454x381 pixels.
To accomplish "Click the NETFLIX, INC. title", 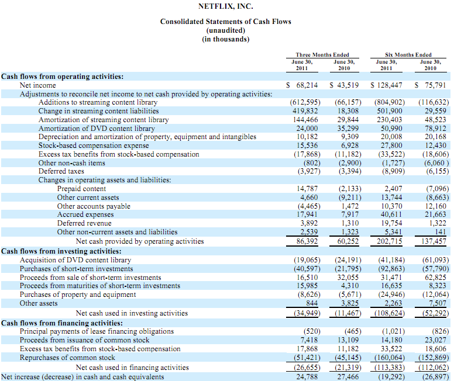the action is click(x=226, y=6).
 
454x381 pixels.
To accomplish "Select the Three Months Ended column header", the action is click(x=322, y=55).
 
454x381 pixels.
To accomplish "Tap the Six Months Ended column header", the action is click(x=408, y=55).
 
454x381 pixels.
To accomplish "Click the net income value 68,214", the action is click(x=307, y=85).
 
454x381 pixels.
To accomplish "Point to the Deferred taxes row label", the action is click(x=61, y=171).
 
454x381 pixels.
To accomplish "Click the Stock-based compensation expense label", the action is click(x=94, y=146).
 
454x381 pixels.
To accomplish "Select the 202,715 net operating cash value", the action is click(x=390, y=241).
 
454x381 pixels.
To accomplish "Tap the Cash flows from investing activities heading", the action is click(x=61, y=251).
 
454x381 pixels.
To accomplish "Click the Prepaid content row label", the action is click(x=81, y=189).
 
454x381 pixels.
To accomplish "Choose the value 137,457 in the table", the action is click(x=434, y=241).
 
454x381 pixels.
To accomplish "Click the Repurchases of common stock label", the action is click(x=67, y=358).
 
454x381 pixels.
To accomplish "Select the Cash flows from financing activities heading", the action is click(x=62, y=323).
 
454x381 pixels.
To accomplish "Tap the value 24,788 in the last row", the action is click(x=307, y=377).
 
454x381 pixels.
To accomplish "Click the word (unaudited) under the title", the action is click(x=226, y=30).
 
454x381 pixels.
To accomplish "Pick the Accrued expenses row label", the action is click(x=85, y=214).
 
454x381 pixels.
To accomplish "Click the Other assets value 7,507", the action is click(x=438, y=303).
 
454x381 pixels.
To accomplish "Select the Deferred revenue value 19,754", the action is click(x=391, y=223).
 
